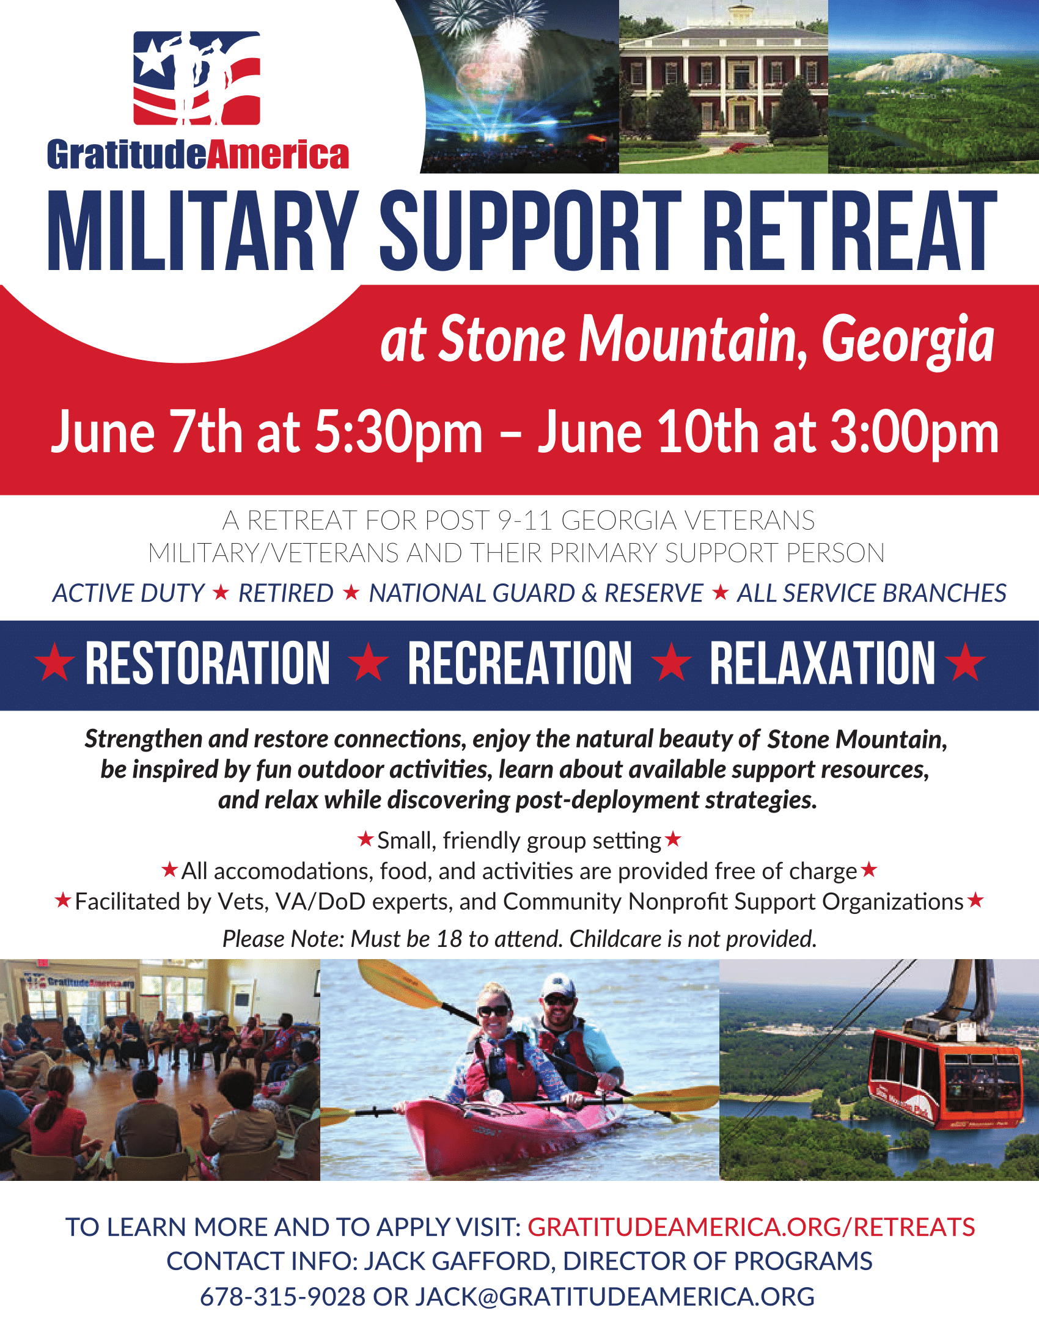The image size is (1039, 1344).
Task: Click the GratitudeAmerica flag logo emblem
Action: pos(197,78)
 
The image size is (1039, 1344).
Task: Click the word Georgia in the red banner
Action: pos(908,340)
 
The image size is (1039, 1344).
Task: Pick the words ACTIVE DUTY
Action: pos(128,593)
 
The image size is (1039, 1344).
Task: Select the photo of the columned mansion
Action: pos(723,87)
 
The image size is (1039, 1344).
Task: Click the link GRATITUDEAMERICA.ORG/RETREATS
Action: pos(751,1227)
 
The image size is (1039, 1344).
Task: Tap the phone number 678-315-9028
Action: pos(282,1296)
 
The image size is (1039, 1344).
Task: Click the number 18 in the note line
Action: pos(449,939)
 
